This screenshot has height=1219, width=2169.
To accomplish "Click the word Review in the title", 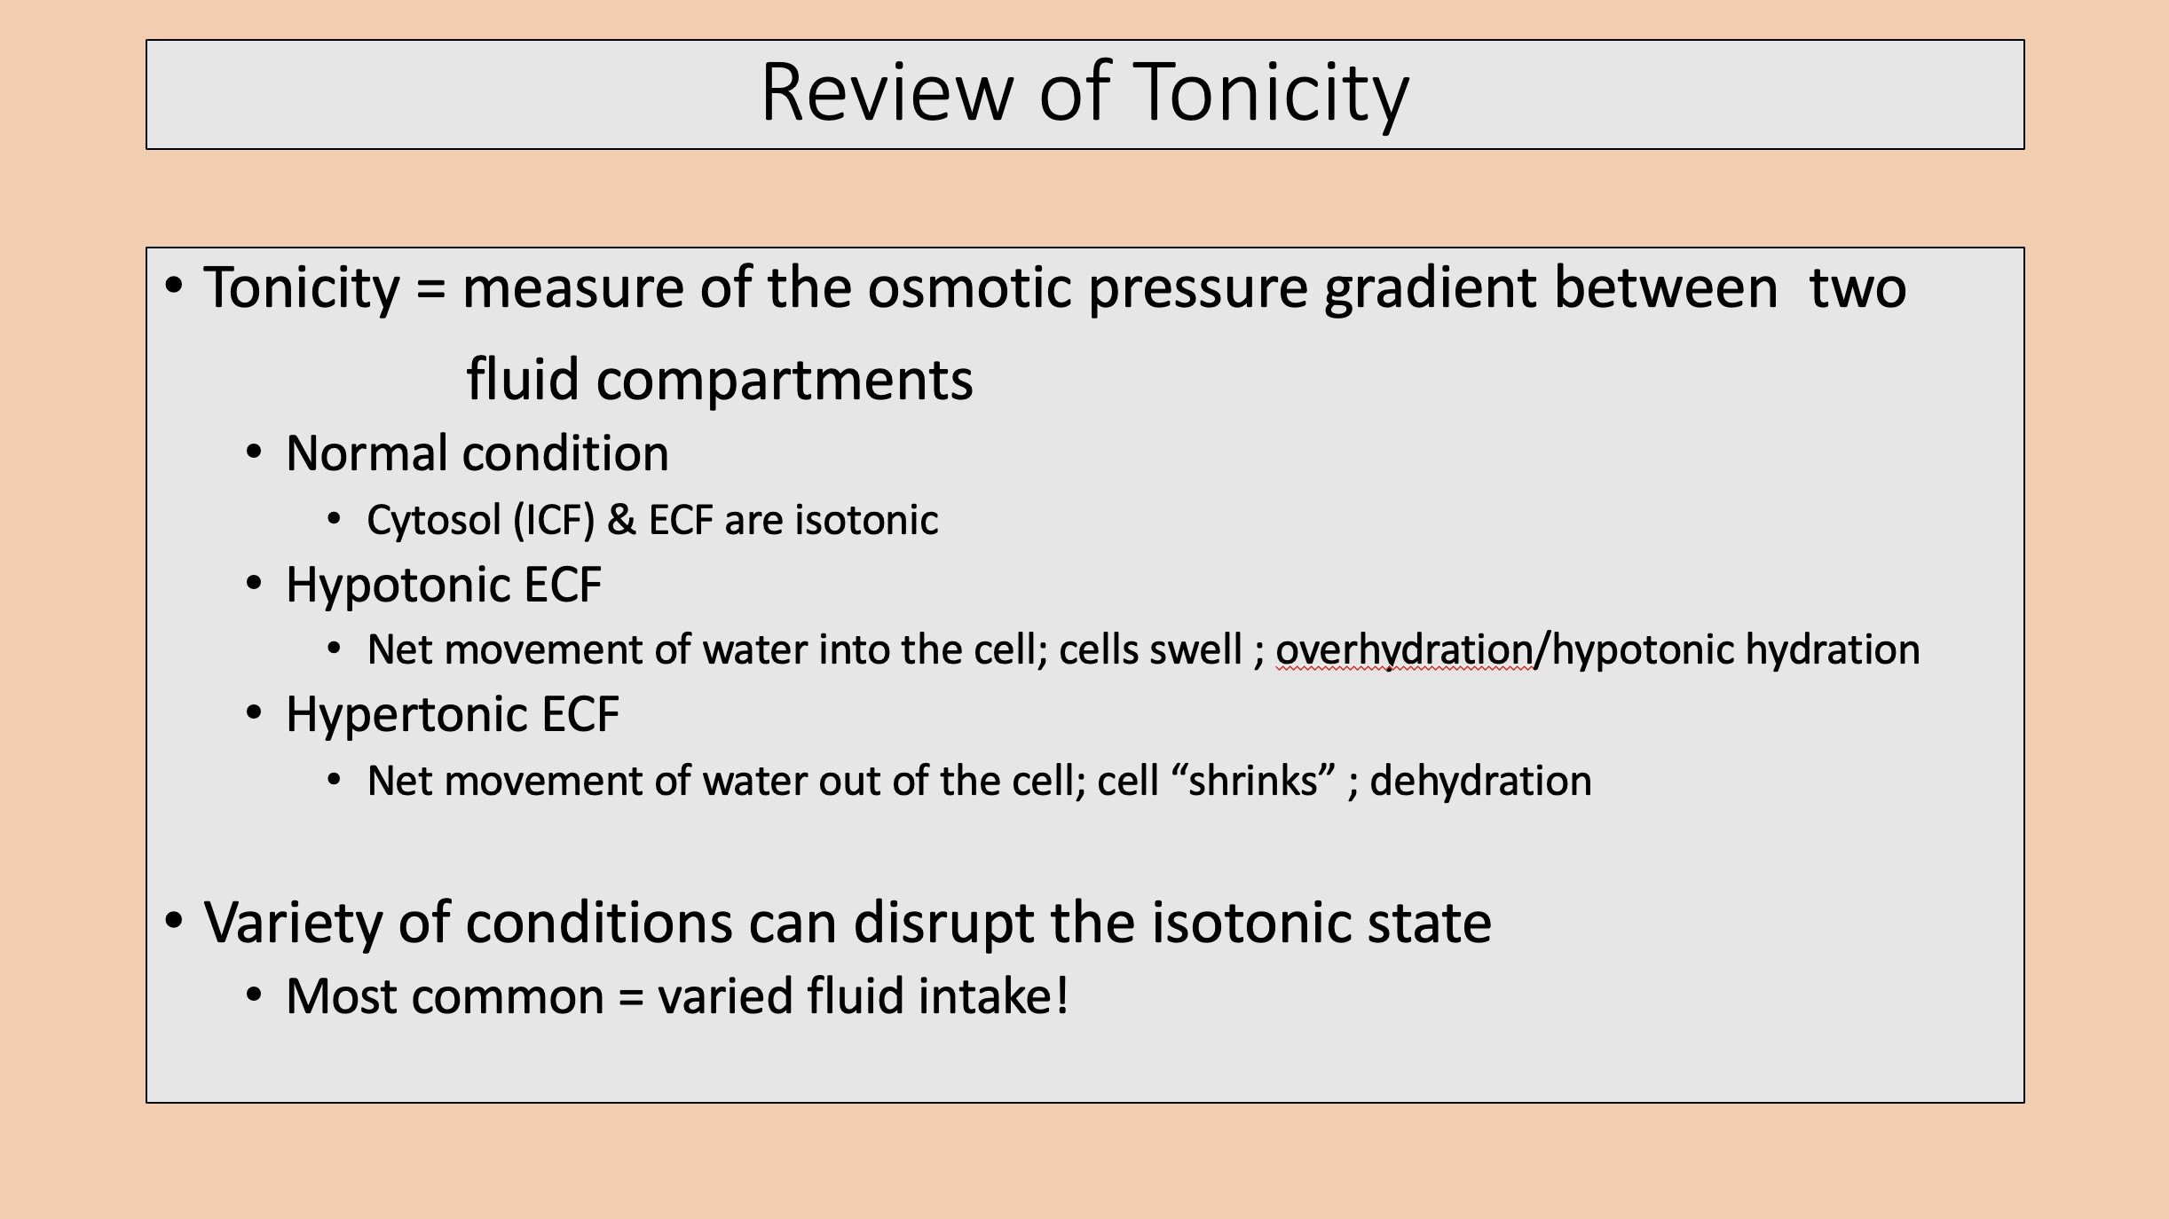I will pos(887,92).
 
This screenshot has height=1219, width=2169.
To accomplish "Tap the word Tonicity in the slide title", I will pos(1271,94).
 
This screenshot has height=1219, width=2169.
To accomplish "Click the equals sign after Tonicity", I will pos(430,289).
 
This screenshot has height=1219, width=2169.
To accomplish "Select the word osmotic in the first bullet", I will pos(969,288).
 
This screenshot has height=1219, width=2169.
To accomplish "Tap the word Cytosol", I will pos(434,521).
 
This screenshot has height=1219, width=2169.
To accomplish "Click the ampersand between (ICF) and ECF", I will pos(621,520).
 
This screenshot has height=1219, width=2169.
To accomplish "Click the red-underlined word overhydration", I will pos(1404,650).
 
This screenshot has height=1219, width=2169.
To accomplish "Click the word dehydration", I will pos(1480,781).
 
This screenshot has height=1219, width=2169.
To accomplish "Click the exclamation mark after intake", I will pos(1061,995).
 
